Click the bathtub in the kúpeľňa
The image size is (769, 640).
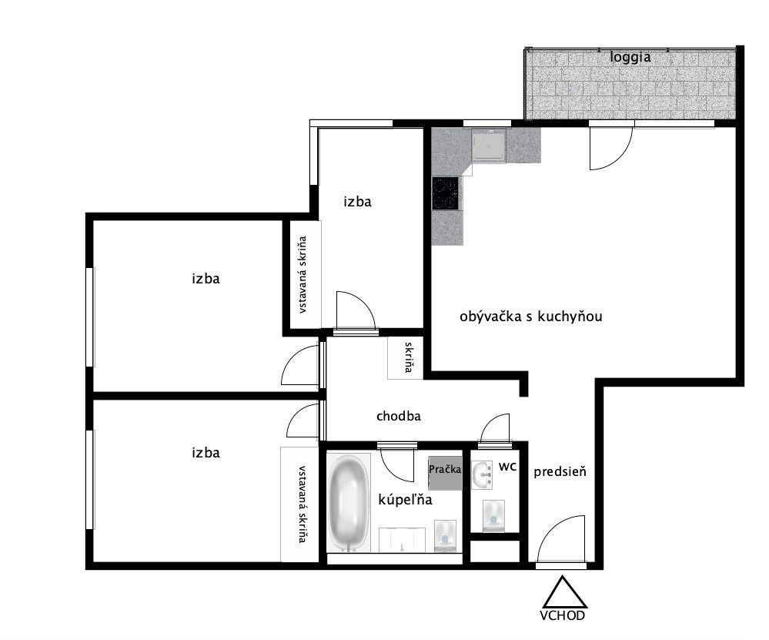click(348, 503)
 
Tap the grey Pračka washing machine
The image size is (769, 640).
click(446, 473)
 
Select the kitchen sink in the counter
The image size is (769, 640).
click(489, 146)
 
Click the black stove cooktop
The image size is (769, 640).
click(446, 193)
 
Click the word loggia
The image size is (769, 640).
click(630, 57)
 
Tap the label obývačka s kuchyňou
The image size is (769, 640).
click(530, 317)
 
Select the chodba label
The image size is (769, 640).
click(398, 416)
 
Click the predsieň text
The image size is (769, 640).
click(560, 471)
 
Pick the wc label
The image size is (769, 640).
click(507, 466)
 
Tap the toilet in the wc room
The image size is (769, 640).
click(493, 516)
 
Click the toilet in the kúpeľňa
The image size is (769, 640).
click(446, 536)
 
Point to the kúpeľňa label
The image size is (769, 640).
click(405, 500)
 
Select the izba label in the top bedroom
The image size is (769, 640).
click(357, 202)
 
